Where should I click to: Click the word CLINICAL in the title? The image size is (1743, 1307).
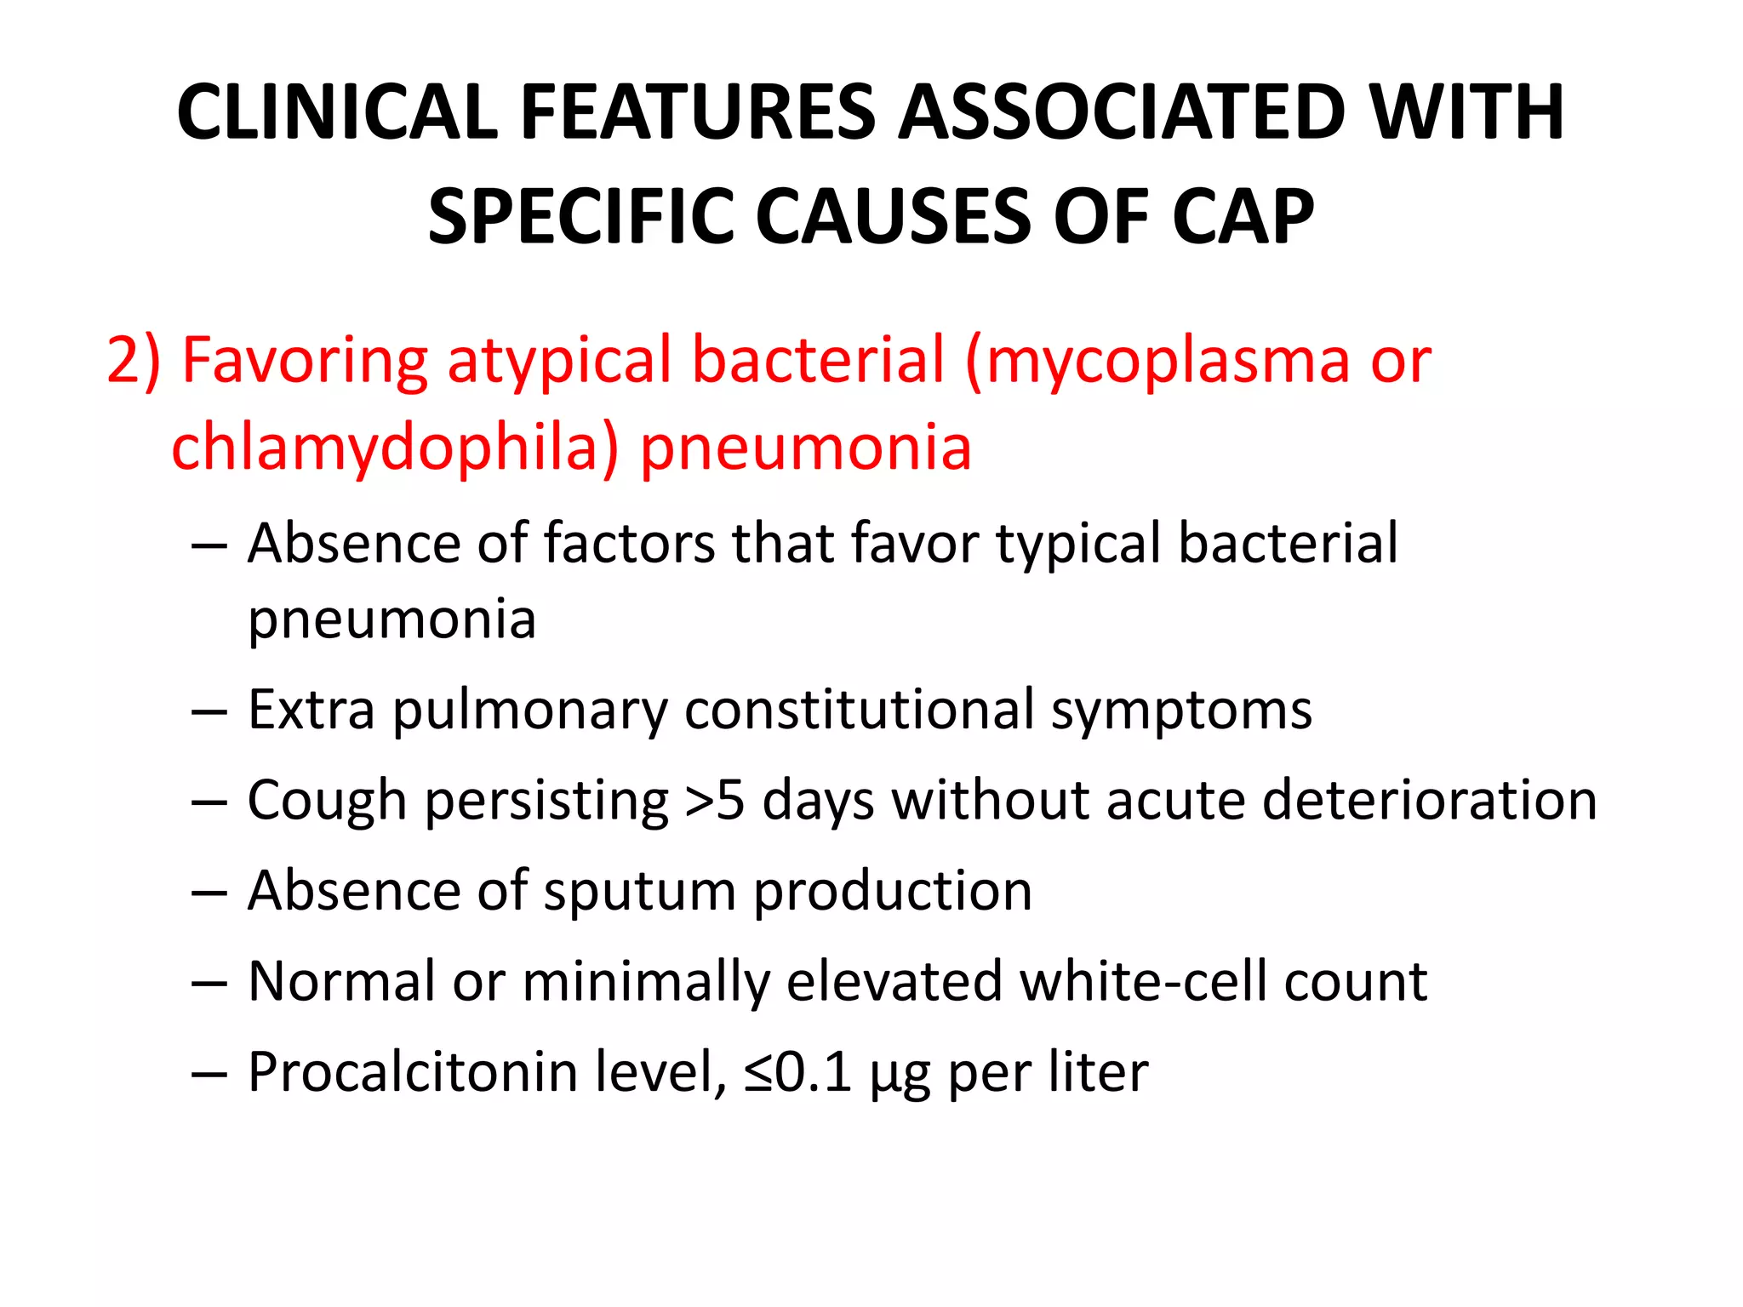[x=337, y=112]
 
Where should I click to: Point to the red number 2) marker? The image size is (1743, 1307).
[x=134, y=361]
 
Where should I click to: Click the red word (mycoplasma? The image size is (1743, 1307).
[x=1157, y=361]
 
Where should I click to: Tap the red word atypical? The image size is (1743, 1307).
[x=558, y=361]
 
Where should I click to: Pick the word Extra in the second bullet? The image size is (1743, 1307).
[x=311, y=710]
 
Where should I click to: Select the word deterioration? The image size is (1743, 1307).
[x=1429, y=801]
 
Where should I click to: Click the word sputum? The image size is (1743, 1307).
[x=639, y=892]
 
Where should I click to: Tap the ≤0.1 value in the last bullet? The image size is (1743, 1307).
[x=797, y=1072]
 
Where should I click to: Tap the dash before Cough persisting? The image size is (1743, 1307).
[x=209, y=802]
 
